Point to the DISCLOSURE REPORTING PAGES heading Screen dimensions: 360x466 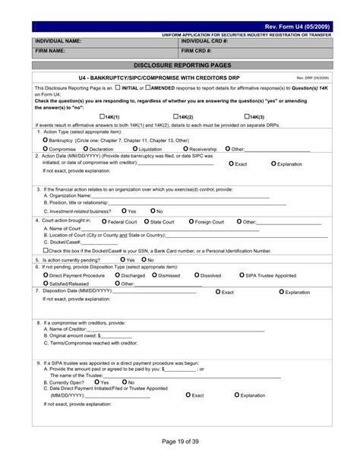(180, 65)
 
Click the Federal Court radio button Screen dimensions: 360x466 (104, 221)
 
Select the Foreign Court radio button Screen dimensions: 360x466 (190, 221)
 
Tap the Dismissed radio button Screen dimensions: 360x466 (155, 276)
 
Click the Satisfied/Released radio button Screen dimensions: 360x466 (45, 284)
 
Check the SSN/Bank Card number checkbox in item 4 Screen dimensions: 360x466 (45, 249)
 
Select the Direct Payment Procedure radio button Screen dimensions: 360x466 (45, 276)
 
